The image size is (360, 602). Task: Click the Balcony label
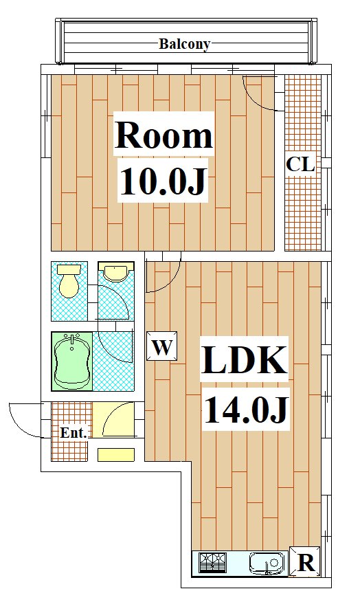click(185, 44)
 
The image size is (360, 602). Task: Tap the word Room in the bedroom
click(164, 135)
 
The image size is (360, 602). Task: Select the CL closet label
click(300, 164)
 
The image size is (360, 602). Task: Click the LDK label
click(245, 359)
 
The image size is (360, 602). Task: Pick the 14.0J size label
click(246, 410)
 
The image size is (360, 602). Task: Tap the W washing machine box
click(162, 346)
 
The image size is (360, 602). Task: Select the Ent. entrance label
click(74, 433)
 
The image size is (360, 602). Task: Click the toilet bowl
click(69, 281)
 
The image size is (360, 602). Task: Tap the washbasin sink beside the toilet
click(115, 273)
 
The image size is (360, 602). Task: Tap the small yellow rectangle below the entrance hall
click(116, 454)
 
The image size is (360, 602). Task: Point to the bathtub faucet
click(72, 342)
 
